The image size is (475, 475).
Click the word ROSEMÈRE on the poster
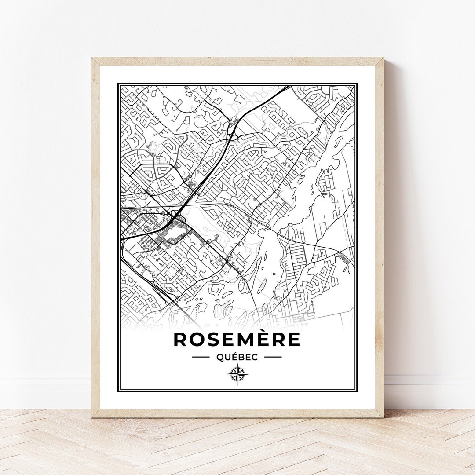[237, 339]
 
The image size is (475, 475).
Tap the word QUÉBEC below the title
[237, 357]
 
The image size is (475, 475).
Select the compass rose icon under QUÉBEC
[237, 375]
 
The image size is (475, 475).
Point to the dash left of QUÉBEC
[201, 357]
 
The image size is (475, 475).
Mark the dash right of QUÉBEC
[273, 357]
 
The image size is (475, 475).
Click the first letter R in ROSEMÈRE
[181, 339]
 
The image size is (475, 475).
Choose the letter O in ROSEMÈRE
[198, 339]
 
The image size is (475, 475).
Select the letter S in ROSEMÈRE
[214, 339]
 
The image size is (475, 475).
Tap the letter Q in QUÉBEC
[219, 357]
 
